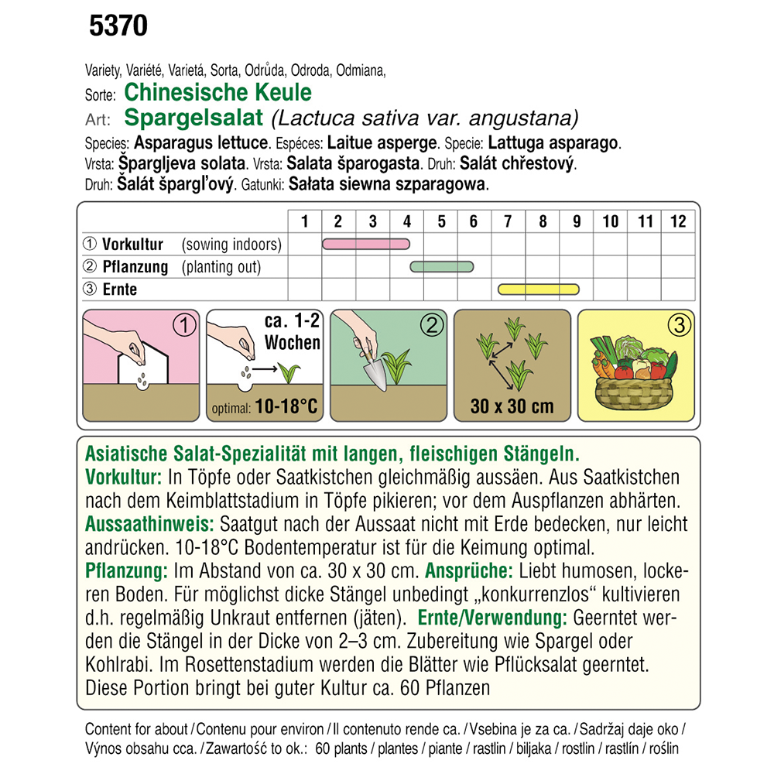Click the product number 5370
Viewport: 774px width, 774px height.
[x=118, y=27]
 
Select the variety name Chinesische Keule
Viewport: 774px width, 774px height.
[x=217, y=93]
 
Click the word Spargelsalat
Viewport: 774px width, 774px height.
[x=195, y=118]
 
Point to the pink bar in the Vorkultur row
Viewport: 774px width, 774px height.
[x=365, y=245]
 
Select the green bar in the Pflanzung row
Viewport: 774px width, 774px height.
[x=441, y=267]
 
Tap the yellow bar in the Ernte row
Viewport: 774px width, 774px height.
[x=538, y=289]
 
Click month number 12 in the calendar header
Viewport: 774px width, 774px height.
[x=678, y=222]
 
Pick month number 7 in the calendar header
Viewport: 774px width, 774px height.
[x=508, y=222]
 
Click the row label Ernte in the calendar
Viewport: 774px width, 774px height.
[x=119, y=289]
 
